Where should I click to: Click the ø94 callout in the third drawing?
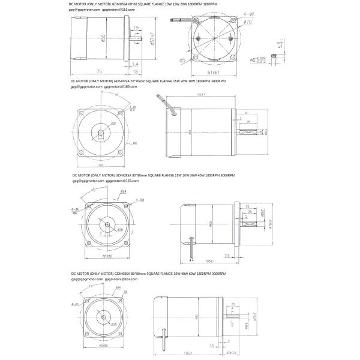[x=122, y=191]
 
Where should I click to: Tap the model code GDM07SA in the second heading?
[x=122, y=80]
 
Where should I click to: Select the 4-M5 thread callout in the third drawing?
[x=139, y=199]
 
